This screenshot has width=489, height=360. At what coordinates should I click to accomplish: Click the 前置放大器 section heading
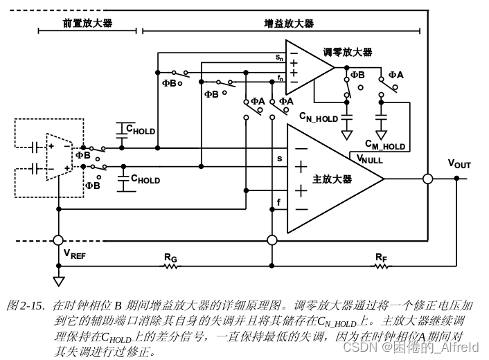pos(87,23)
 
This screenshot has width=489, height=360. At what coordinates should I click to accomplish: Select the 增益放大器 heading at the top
pos(289,23)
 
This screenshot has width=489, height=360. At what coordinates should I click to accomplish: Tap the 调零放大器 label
pos(347,52)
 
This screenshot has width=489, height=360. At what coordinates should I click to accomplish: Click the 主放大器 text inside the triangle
pos(332,179)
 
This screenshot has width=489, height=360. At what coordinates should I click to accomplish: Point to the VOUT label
pos(459,164)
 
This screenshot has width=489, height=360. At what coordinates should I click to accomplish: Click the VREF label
pos(75,253)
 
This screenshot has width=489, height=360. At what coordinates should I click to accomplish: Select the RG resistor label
pos(171,258)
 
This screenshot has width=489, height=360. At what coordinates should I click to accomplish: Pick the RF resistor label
pos(381,258)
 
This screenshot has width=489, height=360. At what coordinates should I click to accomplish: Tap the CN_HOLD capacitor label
pos(319,118)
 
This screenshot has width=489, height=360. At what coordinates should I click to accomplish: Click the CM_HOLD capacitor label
pos(385,145)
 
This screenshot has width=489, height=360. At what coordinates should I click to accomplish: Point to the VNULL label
pos(369,159)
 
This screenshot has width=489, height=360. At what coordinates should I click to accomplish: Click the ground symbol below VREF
pos(59,281)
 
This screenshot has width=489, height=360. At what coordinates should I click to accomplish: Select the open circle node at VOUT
pos(428,179)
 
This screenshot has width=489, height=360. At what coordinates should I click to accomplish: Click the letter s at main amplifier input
pos(279,159)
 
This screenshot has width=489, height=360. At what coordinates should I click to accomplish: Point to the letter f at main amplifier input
pos(279,202)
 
